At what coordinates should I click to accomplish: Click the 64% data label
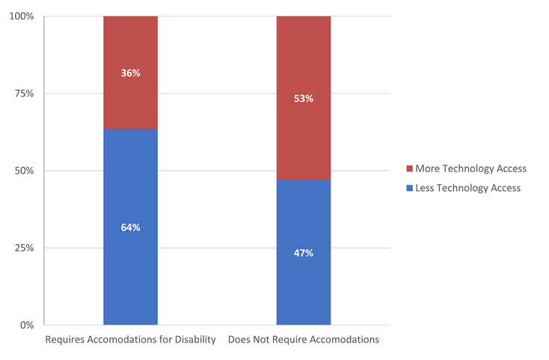(x=130, y=228)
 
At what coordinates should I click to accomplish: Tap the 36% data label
(x=130, y=73)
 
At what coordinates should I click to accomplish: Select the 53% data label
(x=304, y=99)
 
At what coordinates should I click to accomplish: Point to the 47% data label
(x=304, y=253)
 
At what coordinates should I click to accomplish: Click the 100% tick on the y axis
(x=20, y=16)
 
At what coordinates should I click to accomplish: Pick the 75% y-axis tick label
(x=23, y=94)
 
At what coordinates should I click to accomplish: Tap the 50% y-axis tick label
(x=23, y=171)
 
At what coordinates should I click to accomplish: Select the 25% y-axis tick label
(x=23, y=248)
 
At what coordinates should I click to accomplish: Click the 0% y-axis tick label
(x=26, y=325)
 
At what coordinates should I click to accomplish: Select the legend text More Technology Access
(x=470, y=168)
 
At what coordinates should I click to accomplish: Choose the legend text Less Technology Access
(x=468, y=188)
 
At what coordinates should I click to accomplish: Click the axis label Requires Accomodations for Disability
(x=130, y=340)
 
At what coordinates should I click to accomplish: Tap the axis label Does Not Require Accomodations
(x=304, y=340)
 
